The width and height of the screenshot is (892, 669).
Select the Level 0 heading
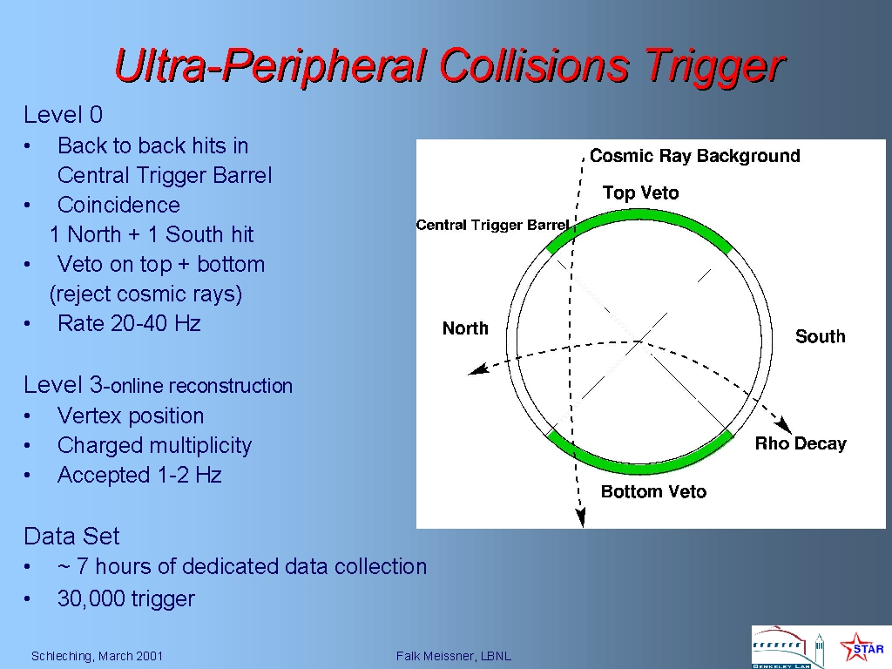pyautogui.click(x=63, y=115)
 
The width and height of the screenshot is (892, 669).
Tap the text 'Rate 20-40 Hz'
pyautogui.click(x=129, y=323)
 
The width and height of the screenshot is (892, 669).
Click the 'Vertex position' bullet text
pyautogui.click(x=131, y=416)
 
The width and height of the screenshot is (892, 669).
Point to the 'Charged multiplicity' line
pyautogui.click(x=154, y=445)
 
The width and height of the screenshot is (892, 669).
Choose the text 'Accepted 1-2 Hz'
pyautogui.click(x=139, y=475)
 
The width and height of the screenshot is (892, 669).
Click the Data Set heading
pyautogui.click(x=71, y=536)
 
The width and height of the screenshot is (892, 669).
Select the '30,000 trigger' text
pyautogui.click(x=125, y=598)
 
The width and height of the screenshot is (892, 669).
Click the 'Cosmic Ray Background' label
pyautogui.click(x=694, y=156)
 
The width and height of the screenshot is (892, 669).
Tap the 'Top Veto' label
pyautogui.click(x=640, y=193)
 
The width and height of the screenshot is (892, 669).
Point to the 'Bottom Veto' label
pyautogui.click(x=653, y=491)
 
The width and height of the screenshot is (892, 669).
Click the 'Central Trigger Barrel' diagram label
pyautogui.click(x=493, y=226)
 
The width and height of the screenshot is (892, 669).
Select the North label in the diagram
pyautogui.click(x=465, y=328)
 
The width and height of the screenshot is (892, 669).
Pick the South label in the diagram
pyautogui.click(x=821, y=336)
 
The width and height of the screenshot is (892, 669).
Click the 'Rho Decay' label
pyautogui.click(x=801, y=443)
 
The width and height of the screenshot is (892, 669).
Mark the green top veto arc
pyautogui.click(x=639, y=214)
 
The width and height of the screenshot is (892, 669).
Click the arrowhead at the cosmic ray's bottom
pyautogui.click(x=580, y=517)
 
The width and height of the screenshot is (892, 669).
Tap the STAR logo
pyautogui.click(x=862, y=647)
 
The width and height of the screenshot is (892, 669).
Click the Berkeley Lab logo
pyautogui.click(x=787, y=647)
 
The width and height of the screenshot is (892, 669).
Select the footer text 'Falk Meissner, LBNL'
pyautogui.click(x=453, y=656)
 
